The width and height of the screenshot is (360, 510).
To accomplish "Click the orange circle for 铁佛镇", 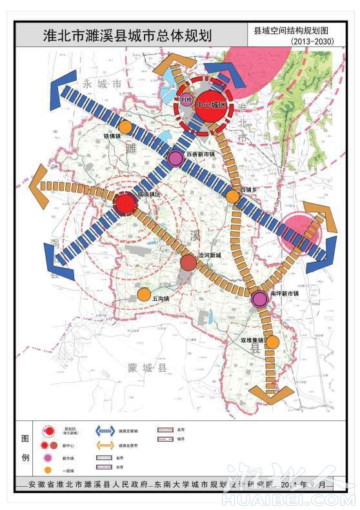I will (x=126, y=127).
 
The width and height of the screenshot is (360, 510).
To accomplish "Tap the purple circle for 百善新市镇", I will (x=174, y=158).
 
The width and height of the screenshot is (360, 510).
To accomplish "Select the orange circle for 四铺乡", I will (x=232, y=196).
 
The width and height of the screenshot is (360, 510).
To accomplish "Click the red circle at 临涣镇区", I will (x=125, y=204).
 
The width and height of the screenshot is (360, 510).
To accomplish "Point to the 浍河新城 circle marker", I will (x=188, y=263).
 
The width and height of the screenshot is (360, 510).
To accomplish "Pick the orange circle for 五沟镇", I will (x=145, y=294).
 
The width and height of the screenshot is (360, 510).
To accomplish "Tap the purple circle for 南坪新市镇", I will (x=259, y=298).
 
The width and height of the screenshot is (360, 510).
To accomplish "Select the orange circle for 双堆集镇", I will (x=272, y=342).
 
